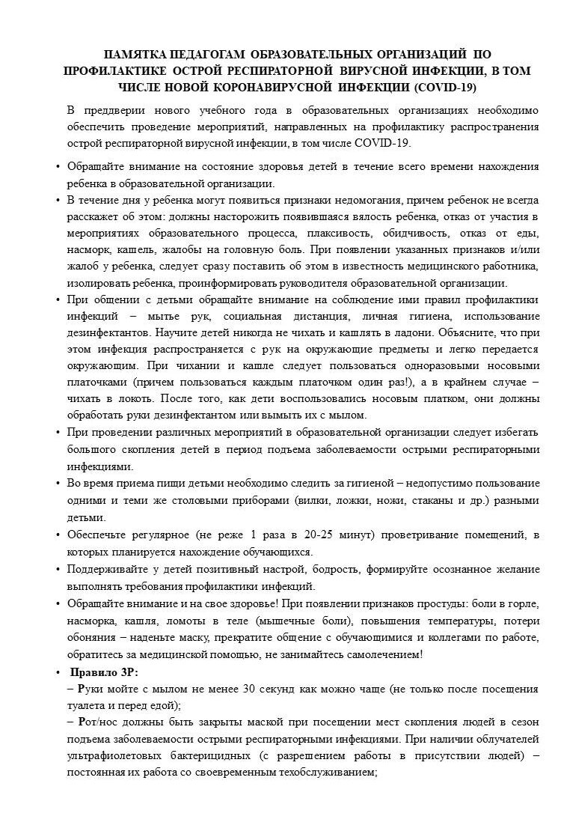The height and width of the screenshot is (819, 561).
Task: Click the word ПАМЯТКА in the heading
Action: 138,55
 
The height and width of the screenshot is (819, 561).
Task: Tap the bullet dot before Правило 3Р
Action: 58,672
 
